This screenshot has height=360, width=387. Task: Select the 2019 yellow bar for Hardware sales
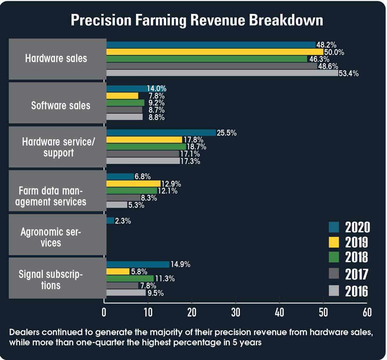[214, 52]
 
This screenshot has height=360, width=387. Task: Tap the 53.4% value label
[348, 74]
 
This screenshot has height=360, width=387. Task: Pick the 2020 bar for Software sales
[126, 89]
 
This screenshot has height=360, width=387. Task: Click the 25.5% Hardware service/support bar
[161, 133]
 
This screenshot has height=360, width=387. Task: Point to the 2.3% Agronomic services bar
[110, 221]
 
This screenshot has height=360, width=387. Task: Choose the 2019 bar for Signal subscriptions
[118, 271]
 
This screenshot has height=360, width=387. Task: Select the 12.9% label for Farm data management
[171, 184]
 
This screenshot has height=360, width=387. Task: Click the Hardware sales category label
[57, 59]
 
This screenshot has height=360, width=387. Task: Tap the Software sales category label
[61, 105]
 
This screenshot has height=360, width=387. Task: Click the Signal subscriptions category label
[51, 280]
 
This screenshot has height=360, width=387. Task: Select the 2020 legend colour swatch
[334, 227]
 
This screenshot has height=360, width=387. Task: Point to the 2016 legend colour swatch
[334, 290]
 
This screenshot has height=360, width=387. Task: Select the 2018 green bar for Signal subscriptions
[132, 279]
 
